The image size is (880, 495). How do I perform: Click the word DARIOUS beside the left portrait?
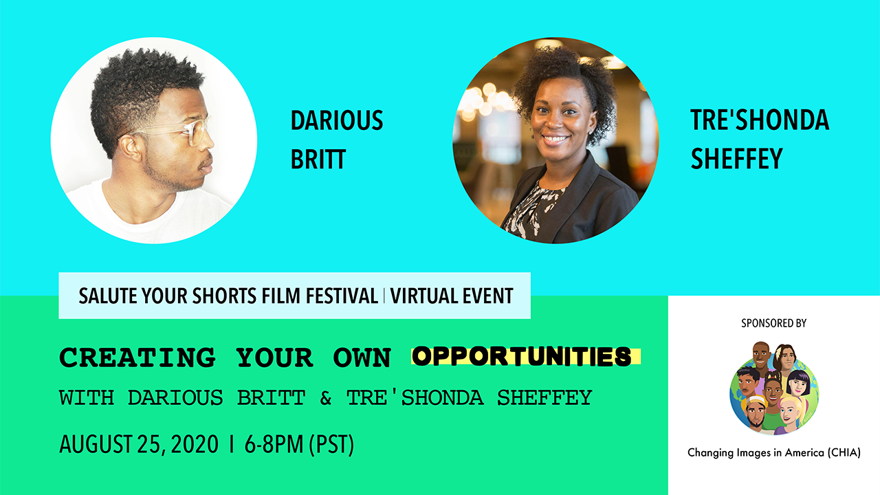tap(337, 120)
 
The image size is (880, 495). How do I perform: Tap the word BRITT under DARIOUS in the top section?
tap(318, 159)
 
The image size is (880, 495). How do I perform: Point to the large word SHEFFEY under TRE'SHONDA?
tap(736, 158)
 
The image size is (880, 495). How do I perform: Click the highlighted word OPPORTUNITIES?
tap(522, 357)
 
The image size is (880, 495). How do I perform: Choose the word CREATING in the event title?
tap(137, 357)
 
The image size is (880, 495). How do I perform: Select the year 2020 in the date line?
tap(195, 444)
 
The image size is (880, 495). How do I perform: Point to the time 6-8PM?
tap(274, 444)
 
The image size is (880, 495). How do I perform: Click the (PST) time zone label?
tap(331, 445)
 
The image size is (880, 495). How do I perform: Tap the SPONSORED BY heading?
tap(773, 323)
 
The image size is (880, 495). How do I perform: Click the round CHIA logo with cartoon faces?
tap(774, 388)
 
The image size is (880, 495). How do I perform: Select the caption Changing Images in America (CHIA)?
tap(774, 452)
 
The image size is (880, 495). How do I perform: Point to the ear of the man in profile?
tap(131, 147)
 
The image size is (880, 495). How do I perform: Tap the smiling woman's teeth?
tap(555, 139)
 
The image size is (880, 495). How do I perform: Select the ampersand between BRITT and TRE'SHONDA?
tap(326, 397)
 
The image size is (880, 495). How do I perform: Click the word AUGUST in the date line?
tap(96, 444)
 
